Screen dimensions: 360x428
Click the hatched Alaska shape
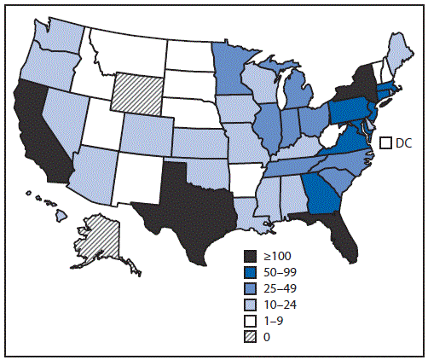coord(98,241)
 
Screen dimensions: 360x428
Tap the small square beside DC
coord(385,142)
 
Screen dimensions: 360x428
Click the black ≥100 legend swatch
coord(250,256)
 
